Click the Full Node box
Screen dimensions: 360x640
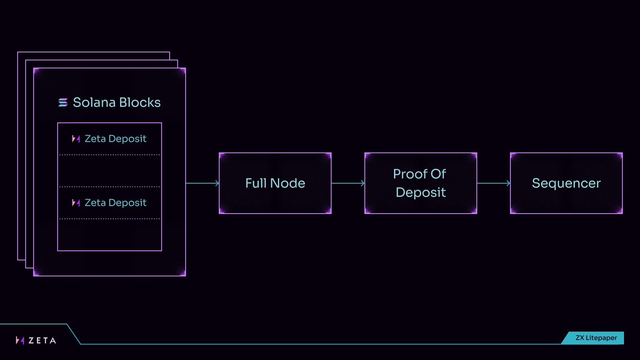[x=275, y=183]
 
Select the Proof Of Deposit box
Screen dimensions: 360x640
[x=420, y=183]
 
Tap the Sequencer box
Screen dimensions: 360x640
[x=566, y=183]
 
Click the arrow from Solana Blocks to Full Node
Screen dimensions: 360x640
[x=202, y=183]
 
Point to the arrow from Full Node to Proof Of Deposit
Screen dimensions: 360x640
[x=348, y=183]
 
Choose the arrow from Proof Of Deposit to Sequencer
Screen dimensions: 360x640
[x=494, y=183]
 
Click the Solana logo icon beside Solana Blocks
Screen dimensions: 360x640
[x=63, y=103]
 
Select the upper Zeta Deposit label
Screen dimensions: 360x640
[x=116, y=139]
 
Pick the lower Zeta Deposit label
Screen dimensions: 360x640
[x=116, y=203]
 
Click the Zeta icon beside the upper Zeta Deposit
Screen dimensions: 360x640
[x=76, y=139]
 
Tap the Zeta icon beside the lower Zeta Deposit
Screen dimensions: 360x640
[x=76, y=203]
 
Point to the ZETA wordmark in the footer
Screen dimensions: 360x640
[x=42, y=341]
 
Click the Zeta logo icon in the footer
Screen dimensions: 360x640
[x=20, y=340]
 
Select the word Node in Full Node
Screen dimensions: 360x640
[x=288, y=183]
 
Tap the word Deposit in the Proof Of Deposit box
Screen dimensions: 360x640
[x=420, y=192]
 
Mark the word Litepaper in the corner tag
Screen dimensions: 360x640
[x=601, y=338]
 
